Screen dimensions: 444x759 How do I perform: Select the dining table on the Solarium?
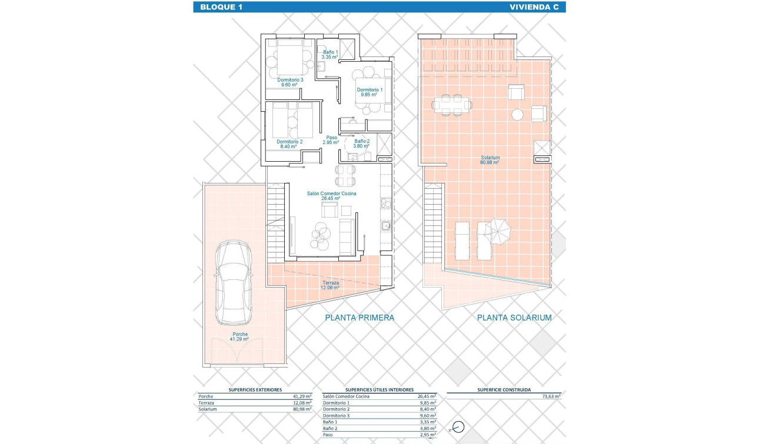click(452, 106)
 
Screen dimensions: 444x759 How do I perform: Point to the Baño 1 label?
click(329, 55)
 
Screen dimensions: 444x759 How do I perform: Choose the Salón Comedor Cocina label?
click(331, 196)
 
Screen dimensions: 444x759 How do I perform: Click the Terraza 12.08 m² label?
click(330, 285)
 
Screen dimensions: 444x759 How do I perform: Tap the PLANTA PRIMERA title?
click(359, 318)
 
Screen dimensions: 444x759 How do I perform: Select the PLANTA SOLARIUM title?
click(514, 318)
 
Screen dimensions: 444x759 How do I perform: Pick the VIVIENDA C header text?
click(531, 7)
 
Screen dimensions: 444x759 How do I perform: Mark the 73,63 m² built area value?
click(551, 397)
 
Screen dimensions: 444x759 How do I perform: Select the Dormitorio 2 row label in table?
click(337, 409)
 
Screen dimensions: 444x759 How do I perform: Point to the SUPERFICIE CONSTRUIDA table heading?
click(504, 390)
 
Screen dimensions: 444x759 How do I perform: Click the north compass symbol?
click(458, 428)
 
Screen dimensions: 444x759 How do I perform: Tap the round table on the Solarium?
click(518, 114)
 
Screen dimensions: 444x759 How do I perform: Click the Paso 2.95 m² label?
click(331, 140)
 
